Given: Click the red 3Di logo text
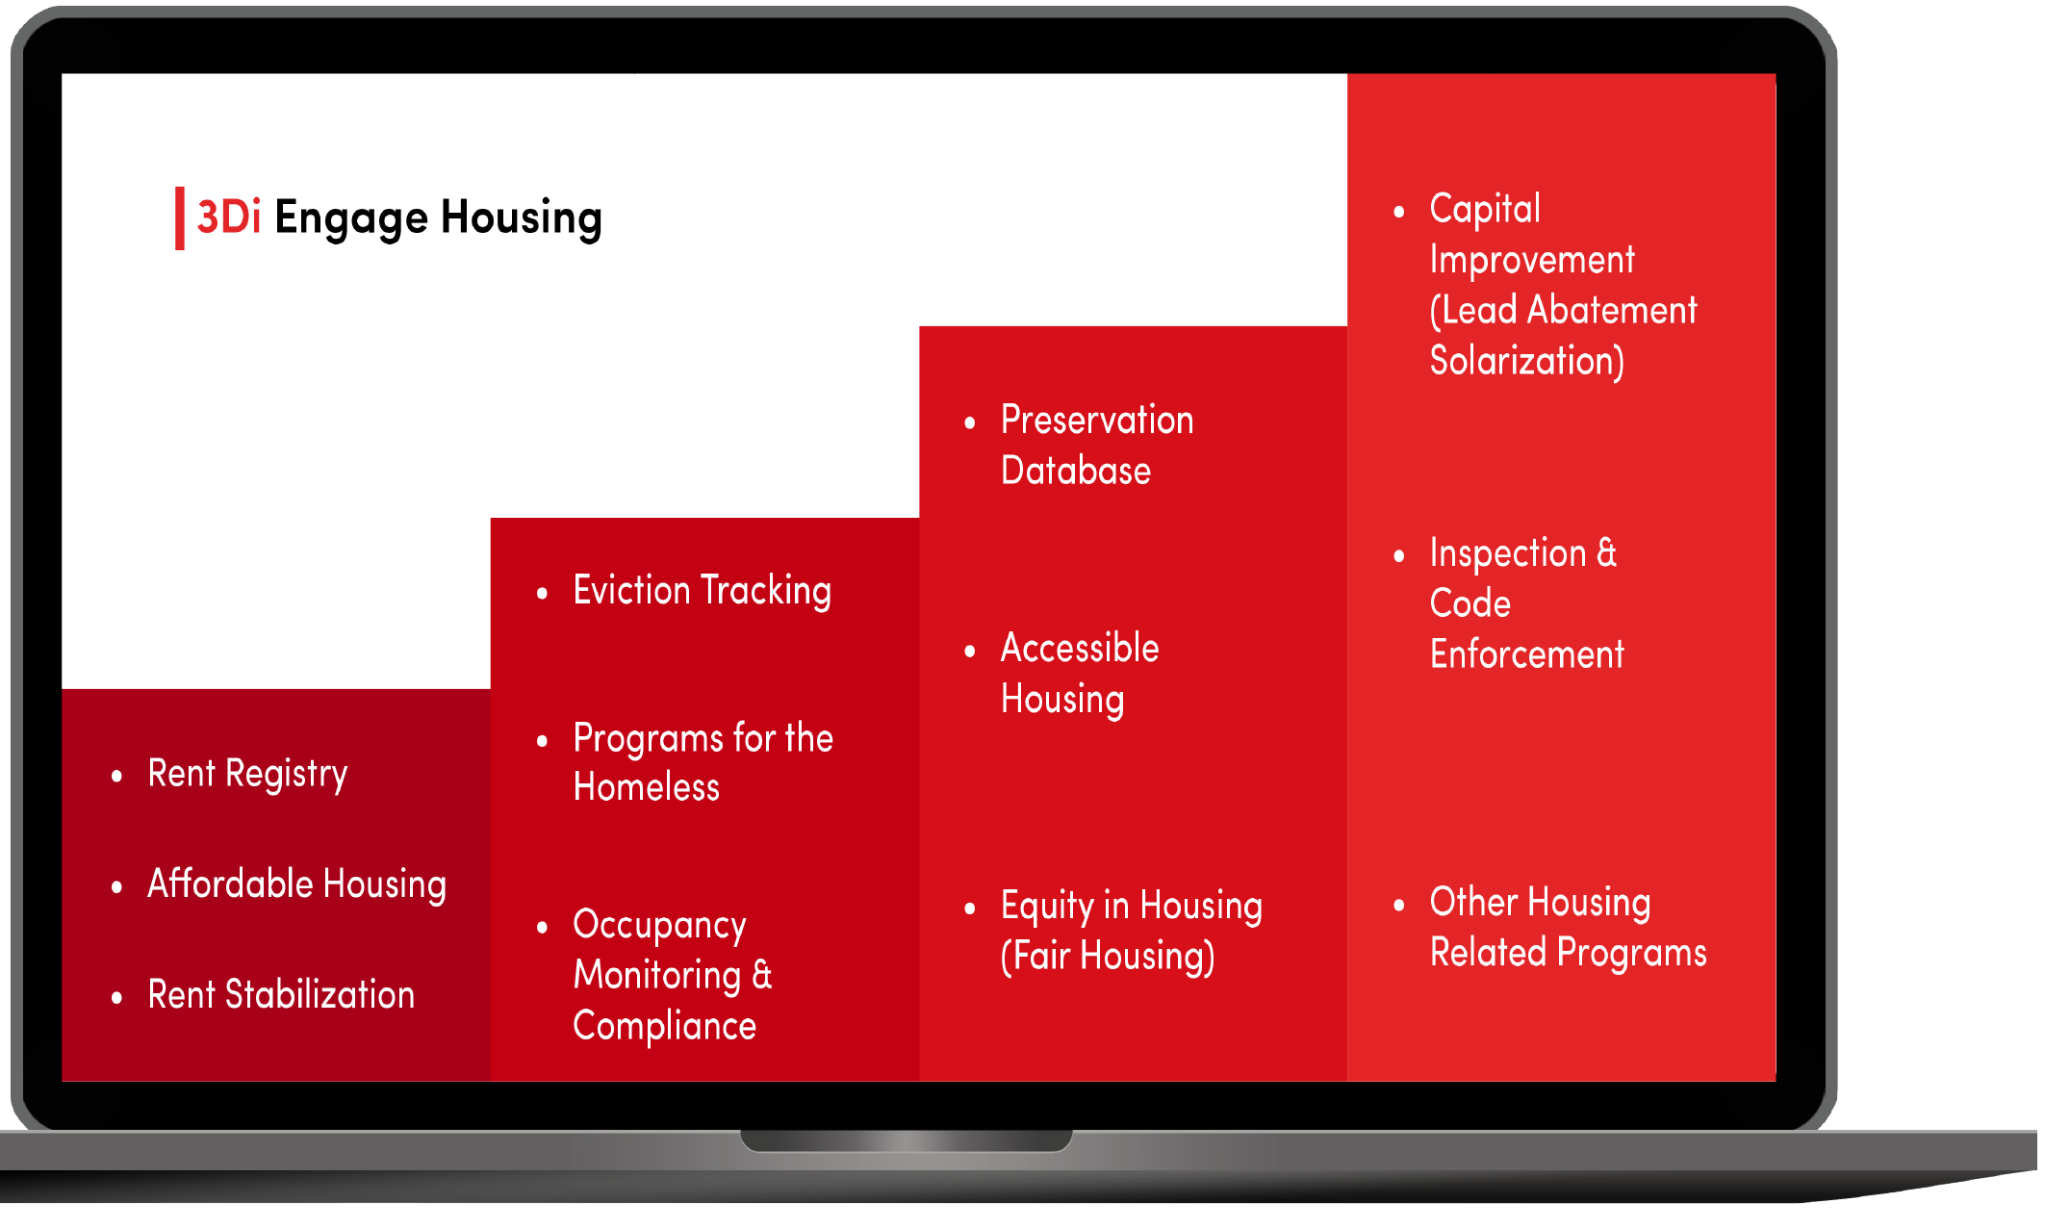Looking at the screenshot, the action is [x=229, y=217].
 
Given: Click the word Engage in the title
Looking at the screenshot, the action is [x=351, y=219].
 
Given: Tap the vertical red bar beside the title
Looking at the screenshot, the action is [x=180, y=218].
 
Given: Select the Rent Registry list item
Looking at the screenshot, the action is [x=247, y=775].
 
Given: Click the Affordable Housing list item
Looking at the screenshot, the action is [x=296, y=884].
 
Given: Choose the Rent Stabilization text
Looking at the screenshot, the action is [x=281, y=994].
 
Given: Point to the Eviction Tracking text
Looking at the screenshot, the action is [x=702, y=591].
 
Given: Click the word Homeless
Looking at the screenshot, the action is [x=646, y=787].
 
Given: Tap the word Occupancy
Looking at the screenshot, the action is [x=659, y=926].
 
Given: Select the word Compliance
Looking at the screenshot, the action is [x=664, y=1027].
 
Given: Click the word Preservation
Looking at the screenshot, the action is [x=1097, y=420].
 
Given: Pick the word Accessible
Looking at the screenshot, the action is [x=1080, y=648].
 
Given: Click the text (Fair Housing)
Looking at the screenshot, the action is [x=1108, y=957].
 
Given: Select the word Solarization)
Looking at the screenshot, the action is [x=1527, y=361].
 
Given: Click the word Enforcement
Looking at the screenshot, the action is [x=1526, y=654].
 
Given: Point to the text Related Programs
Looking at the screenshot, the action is [x=1569, y=954].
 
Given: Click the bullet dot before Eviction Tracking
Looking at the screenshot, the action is [x=542, y=594].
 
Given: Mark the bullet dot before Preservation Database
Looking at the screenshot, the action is [x=970, y=422].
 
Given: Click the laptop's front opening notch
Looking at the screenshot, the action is [x=906, y=1140].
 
